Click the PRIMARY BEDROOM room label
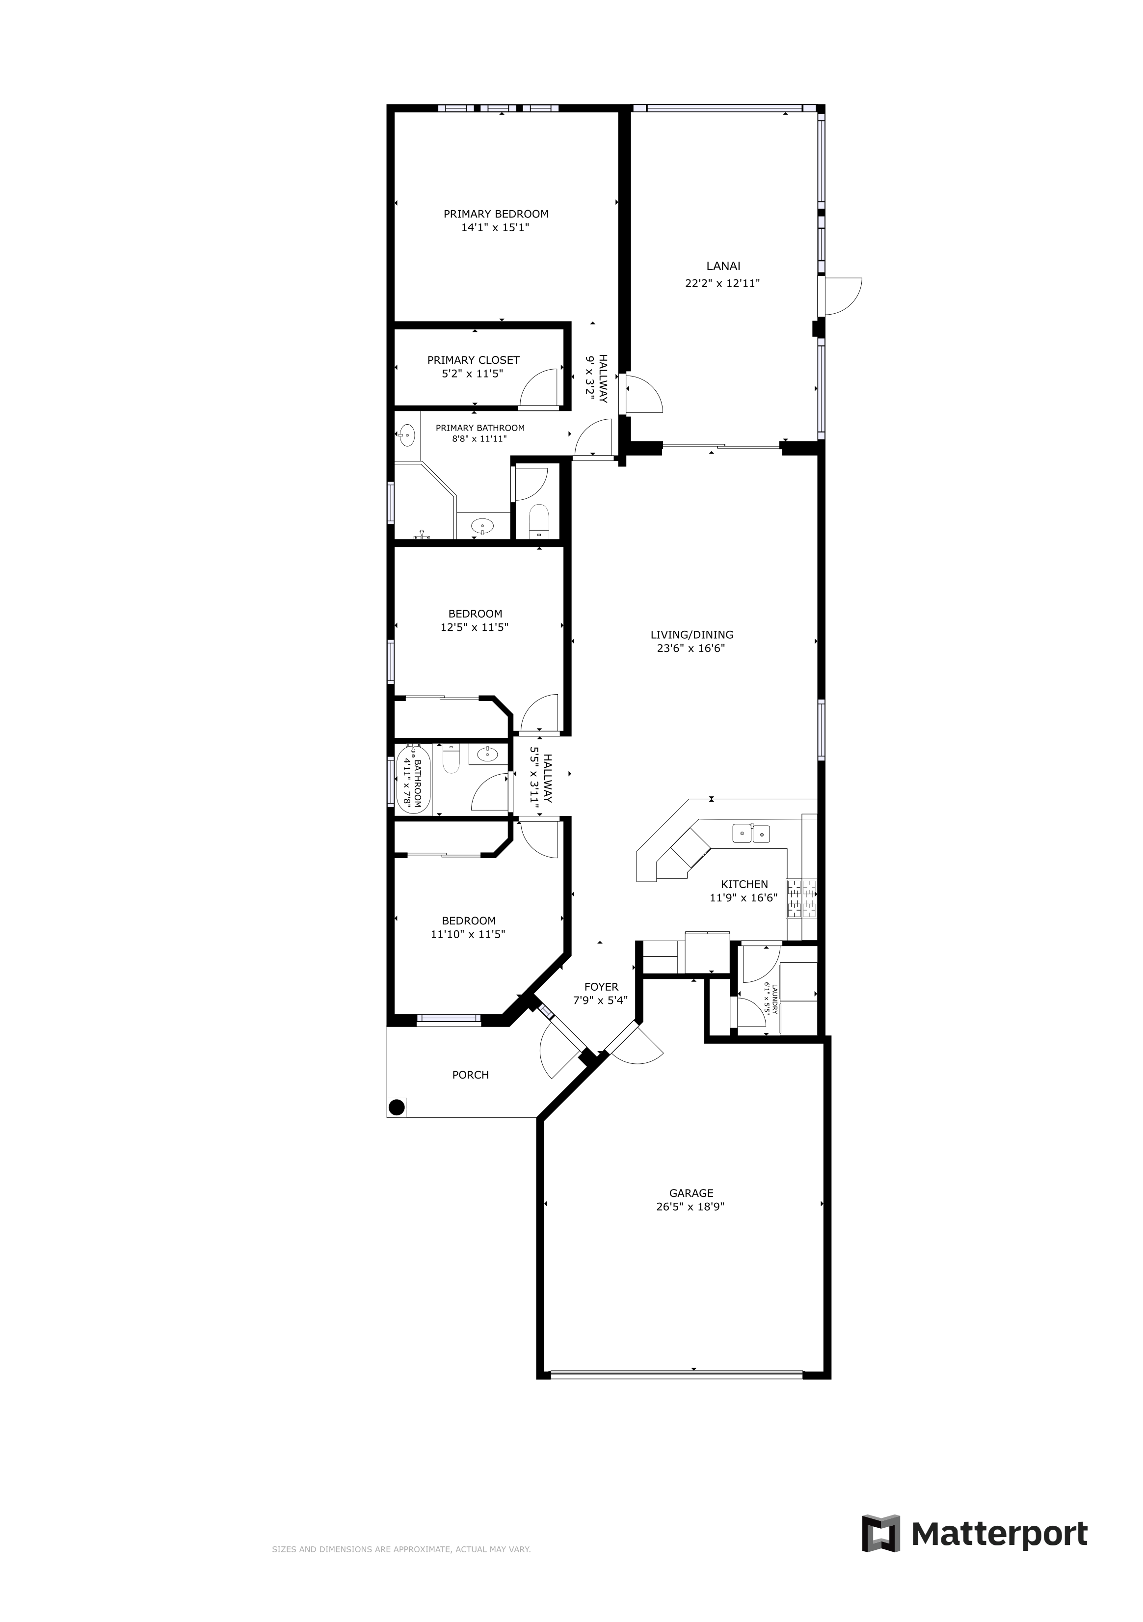(x=496, y=214)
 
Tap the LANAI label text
(x=723, y=267)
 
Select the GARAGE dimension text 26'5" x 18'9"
(x=690, y=1207)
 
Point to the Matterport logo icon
(x=881, y=1533)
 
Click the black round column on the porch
(x=397, y=1107)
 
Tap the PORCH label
(x=471, y=1075)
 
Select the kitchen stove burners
(x=801, y=898)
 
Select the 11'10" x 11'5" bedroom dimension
(x=468, y=934)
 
